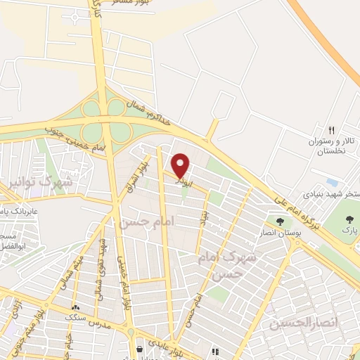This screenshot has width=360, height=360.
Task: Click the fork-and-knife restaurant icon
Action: (332, 131)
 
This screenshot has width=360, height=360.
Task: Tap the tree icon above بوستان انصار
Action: (281, 221)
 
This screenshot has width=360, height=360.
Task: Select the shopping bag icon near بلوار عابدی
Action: (141, 348)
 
